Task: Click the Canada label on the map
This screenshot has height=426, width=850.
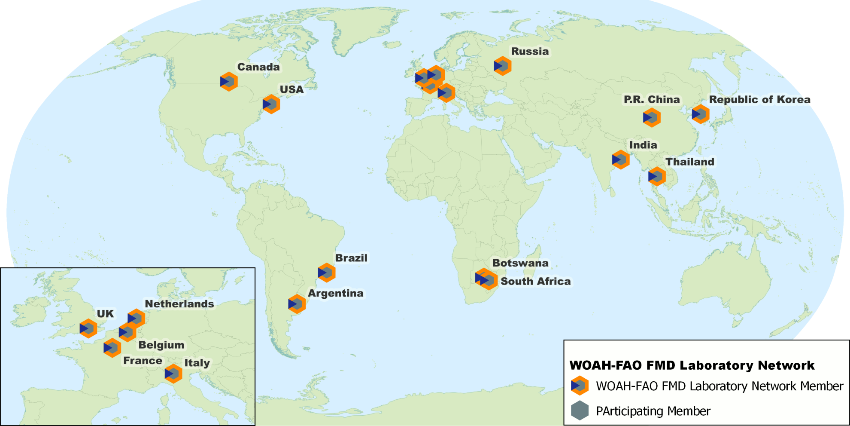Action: pos(258,67)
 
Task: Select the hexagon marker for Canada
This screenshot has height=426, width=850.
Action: pos(229,82)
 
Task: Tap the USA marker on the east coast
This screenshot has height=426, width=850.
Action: pos(271,104)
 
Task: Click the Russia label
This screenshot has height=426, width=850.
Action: pos(530,52)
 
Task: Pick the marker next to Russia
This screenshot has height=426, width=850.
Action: pos(502,66)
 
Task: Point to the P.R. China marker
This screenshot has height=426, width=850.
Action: pos(651,117)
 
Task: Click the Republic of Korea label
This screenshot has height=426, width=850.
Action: pos(759,100)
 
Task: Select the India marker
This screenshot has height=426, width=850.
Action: pos(620,160)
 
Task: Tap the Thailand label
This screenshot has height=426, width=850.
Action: pos(689,162)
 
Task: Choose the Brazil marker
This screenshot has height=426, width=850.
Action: pos(326,273)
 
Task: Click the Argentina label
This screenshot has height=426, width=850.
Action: pos(336,293)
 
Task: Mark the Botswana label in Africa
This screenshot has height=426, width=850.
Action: pos(520,263)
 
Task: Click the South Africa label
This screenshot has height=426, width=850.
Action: pos(536,282)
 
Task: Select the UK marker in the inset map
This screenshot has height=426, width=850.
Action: pos(88,329)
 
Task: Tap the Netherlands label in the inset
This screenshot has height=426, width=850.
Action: pos(179,304)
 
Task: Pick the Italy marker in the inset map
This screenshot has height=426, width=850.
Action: pos(173,374)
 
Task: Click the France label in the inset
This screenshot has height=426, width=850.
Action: pos(143,361)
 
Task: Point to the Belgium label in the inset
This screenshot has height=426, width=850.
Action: pos(161,345)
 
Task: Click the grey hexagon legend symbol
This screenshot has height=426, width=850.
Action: pos(580,411)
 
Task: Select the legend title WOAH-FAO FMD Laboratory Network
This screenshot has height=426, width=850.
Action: pos(692,365)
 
